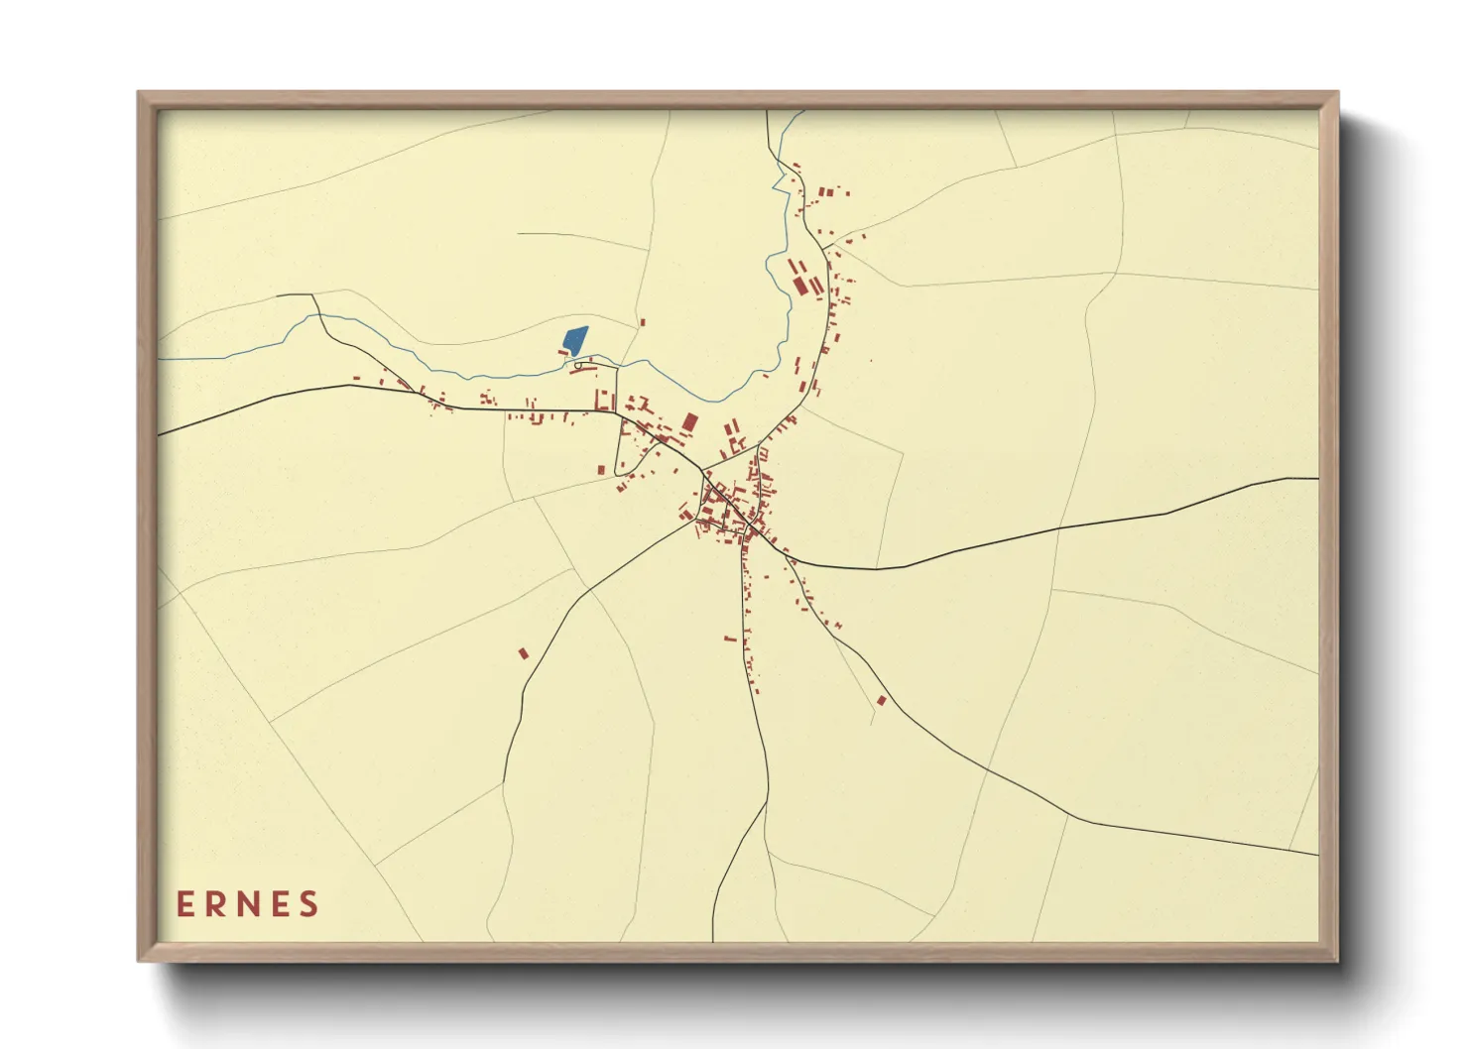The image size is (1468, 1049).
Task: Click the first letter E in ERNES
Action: point(184,904)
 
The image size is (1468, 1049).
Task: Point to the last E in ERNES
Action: point(281,904)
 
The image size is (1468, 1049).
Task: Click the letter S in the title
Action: point(309,904)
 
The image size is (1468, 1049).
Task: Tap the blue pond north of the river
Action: point(574,341)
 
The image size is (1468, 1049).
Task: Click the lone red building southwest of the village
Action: point(524,652)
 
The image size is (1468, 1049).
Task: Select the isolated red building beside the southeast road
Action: point(881,701)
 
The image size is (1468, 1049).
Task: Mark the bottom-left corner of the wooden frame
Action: point(140,960)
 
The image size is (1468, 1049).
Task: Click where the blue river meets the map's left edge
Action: point(160,358)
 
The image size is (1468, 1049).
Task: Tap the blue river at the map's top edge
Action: point(800,111)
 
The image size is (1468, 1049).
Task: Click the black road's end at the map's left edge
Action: point(160,434)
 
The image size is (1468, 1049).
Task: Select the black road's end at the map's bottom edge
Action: point(713,940)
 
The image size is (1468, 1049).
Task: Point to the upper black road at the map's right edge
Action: point(1317,478)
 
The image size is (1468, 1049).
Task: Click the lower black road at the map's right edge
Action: point(1317,854)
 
